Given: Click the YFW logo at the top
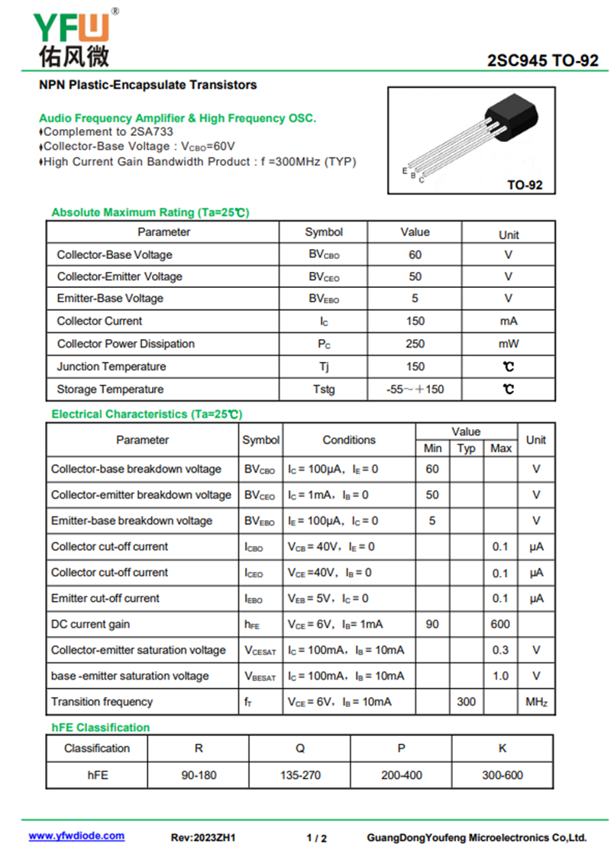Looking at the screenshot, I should [73, 35].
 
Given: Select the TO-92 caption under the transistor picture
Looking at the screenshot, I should [525, 185].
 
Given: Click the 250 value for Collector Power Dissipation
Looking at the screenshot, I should [415, 344].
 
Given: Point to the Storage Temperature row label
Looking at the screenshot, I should [110, 389].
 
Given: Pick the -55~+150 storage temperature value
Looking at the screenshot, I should [415, 389].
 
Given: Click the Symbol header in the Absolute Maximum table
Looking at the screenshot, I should [324, 232].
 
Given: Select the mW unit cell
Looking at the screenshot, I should [509, 344].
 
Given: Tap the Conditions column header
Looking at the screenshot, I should [349, 440].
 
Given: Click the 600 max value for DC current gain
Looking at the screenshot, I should [500, 624].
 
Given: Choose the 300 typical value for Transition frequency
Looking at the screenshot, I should [466, 701].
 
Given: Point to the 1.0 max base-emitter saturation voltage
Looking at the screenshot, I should [500, 676].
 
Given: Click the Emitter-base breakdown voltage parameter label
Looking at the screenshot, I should [131, 521].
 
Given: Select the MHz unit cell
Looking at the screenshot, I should [536, 701].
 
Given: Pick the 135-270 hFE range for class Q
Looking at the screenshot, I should [300, 775].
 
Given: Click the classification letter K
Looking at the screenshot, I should [503, 748].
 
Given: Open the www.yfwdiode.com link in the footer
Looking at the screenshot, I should [76, 836].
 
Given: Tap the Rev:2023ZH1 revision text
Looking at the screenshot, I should [203, 838].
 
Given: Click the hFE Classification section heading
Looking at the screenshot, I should [101, 727].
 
